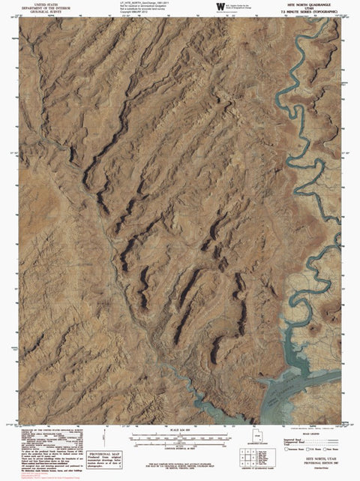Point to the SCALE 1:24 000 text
[x=179, y=428]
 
